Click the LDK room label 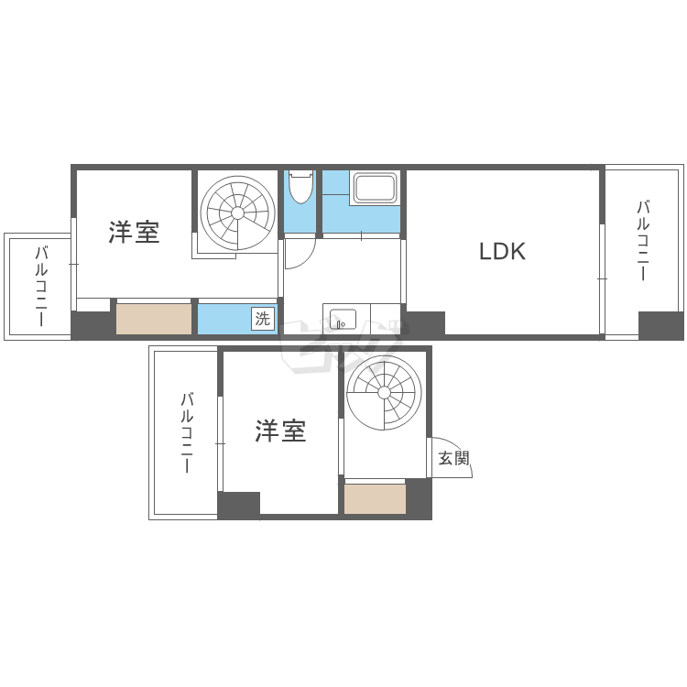(x=502, y=251)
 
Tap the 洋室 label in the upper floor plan (x=134, y=233)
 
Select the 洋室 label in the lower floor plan (x=280, y=431)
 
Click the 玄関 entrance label (x=454, y=458)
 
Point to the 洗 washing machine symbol (x=263, y=319)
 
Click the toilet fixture (x=300, y=187)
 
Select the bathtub (x=374, y=188)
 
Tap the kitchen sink (x=343, y=319)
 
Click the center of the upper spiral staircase (x=237, y=213)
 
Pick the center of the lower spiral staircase (x=384, y=393)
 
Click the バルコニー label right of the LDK (x=643, y=240)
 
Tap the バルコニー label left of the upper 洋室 (x=40, y=287)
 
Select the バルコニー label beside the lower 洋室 (x=187, y=433)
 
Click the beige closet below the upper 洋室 (x=154, y=319)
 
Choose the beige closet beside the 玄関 (x=375, y=498)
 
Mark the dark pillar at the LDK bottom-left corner (x=425, y=323)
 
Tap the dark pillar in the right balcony (x=660, y=325)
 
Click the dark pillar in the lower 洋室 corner (x=239, y=504)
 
